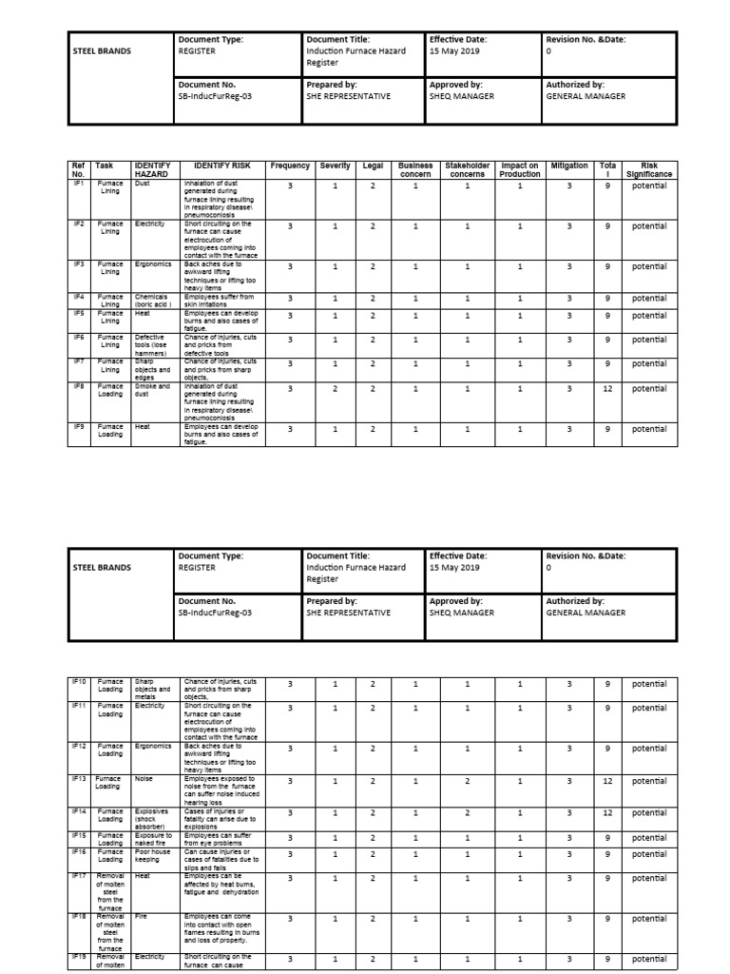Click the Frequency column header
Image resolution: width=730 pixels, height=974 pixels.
(x=290, y=166)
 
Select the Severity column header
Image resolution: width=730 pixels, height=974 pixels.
(x=335, y=166)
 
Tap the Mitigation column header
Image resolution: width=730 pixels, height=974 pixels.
(x=569, y=166)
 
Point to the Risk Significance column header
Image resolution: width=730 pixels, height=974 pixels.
(x=649, y=170)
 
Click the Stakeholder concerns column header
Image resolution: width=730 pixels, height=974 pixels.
(x=468, y=170)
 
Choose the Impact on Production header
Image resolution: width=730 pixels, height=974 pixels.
(x=520, y=170)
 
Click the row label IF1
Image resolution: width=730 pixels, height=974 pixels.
(x=79, y=183)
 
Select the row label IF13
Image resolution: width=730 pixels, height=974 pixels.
(x=79, y=778)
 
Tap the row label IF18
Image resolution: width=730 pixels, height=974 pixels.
(x=79, y=917)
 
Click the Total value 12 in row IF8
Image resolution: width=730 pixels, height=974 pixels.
(x=607, y=389)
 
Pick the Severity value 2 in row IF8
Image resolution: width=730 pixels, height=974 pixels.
(x=335, y=389)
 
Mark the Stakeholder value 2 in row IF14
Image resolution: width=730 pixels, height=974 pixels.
(x=468, y=813)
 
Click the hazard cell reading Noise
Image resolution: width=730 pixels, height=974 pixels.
(x=144, y=778)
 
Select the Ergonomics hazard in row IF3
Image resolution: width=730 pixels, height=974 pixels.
(x=153, y=265)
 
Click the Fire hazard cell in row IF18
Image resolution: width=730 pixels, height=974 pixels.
(x=142, y=917)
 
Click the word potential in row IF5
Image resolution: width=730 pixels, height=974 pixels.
(x=649, y=316)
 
